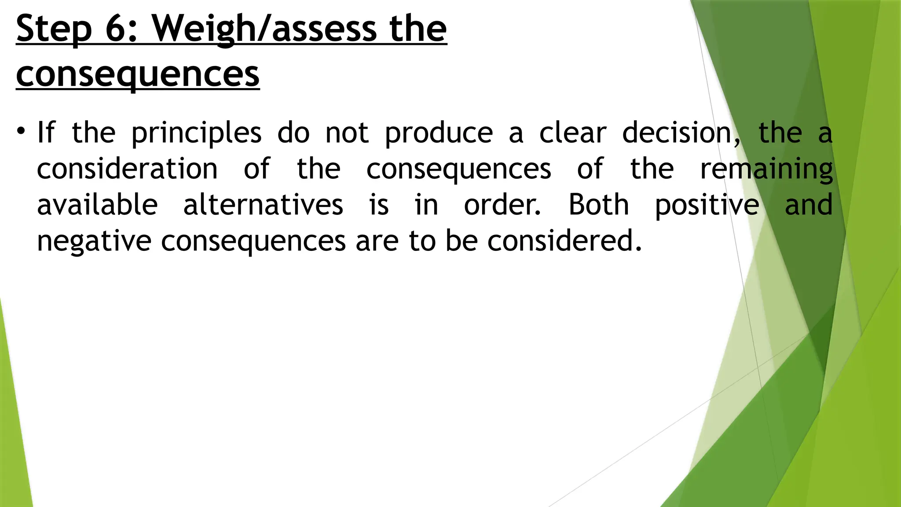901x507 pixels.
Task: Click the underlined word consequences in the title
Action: (x=138, y=74)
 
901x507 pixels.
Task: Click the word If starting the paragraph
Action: (x=46, y=132)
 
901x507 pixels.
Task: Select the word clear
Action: (x=573, y=132)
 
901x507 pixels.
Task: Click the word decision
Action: (x=680, y=132)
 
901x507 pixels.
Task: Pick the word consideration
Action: (x=127, y=169)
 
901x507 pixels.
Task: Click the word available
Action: (x=97, y=205)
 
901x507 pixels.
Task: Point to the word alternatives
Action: (x=263, y=205)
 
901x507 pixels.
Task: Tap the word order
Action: (x=502, y=205)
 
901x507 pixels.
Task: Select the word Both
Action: (x=598, y=205)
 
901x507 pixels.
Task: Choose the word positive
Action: (x=707, y=206)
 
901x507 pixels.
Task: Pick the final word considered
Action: (x=564, y=241)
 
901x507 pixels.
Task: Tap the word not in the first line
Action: (x=347, y=132)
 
